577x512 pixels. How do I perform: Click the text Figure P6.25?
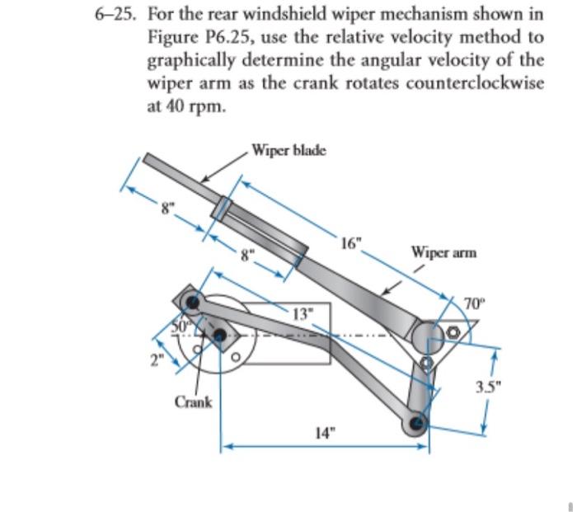tap(195, 38)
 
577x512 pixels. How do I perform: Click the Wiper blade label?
tap(288, 150)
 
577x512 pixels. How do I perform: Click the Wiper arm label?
tap(442, 251)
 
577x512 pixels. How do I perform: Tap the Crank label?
tap(193, 402)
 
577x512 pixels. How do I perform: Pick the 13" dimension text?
tap(303, 312)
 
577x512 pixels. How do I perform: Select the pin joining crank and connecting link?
tap(192, 302)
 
